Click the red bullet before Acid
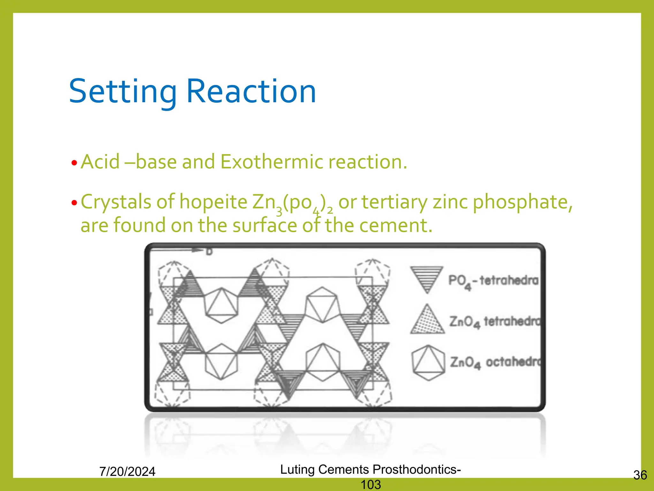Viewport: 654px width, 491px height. point(74,163)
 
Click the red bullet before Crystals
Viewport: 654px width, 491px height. point(74,203)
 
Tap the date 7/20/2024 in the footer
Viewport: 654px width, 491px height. point(127,472)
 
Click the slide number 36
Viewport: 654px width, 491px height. point(640,475)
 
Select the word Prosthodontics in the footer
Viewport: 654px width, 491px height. point(417,469)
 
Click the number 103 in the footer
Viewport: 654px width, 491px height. point(370,485)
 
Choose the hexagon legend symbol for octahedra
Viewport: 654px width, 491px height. point(428,362)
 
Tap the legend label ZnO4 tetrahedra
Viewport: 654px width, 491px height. point(495,322)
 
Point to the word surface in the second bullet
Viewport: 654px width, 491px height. point(265,225)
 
